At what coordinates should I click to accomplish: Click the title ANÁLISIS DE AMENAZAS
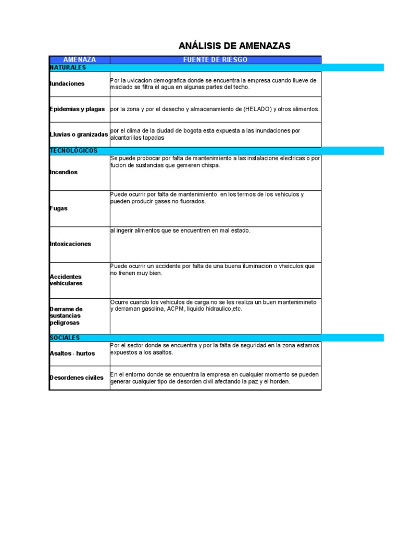click(x=234, y=46)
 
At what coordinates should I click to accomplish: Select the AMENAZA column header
click(x=79, y=60)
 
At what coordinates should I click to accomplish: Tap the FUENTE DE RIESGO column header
click(x=215, y=60)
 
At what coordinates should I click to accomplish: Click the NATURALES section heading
click(x=68, y=68)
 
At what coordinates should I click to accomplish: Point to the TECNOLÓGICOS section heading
click(x=73, y=151)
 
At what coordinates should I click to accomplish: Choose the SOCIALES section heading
click(x=64, y=338)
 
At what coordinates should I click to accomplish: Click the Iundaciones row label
click(x=67, y=84)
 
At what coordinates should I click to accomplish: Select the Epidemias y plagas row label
click(x=78, y=109)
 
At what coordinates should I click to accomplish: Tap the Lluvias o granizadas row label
click(x=79, y=135)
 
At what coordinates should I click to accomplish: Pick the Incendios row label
click(x=64, y=172)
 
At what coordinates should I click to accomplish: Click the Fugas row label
click(x=58, y=208)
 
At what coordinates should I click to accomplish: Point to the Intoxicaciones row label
click(x=70, y=244)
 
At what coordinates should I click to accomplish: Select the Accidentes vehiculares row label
click(x=66, y=280)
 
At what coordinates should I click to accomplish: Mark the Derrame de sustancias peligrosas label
click(x=66, y=316)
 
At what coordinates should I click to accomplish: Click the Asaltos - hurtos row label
click(x=72, y=354)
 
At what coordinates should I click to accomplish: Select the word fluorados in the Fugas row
click(x=191, y=201)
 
